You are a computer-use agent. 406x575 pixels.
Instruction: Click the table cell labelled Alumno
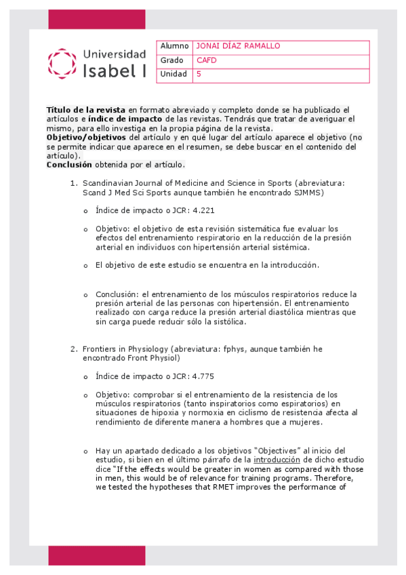pos(174,46)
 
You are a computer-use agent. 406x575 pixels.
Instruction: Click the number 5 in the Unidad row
pos(199,75)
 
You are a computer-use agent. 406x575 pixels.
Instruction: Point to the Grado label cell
pos(172,60)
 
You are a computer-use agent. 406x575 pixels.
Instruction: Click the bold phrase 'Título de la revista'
pos(85,110)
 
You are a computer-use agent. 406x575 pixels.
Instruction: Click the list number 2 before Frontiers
pos(74,349)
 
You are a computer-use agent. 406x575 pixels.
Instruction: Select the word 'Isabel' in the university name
pos(108,71)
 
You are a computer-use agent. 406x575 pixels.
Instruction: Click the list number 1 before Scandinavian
pos(74,183)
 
